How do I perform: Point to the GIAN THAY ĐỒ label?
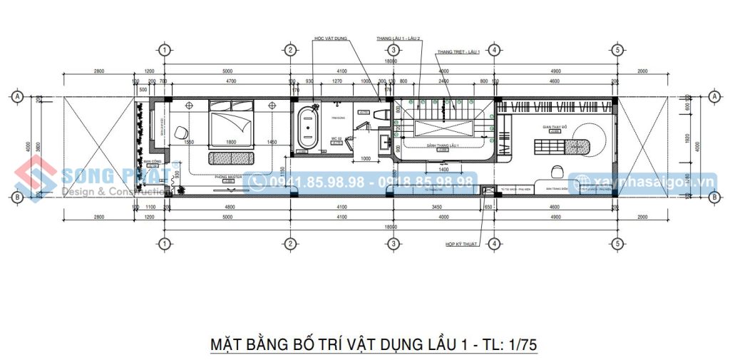tap(553, 128)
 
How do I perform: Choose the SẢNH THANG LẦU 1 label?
tap(441, 145)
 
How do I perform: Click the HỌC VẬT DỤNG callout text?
tap(331, 38)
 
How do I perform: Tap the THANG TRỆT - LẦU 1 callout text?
tap(459, 52)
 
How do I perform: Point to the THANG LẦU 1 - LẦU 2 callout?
tap(399, 38)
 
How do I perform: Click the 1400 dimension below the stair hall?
tap(443, 170)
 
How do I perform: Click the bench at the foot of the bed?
tap(230, 158)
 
